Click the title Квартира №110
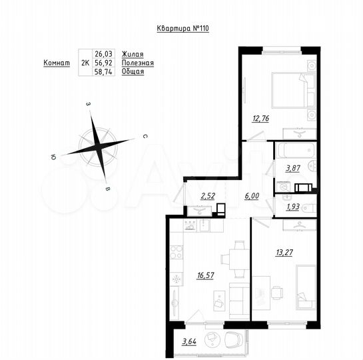(x=181, y=29)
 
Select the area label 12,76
(x=261, y=120)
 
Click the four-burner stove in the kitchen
(x=177, y=253)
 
